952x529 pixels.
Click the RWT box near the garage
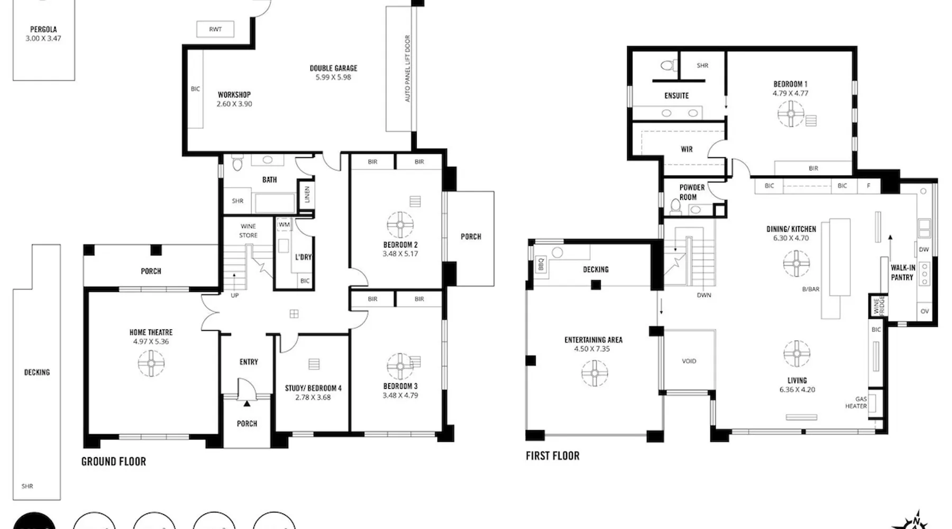tap(215, 29)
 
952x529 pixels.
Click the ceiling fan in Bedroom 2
tap(400, 225)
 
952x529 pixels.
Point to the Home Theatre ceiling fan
tap(151, 363)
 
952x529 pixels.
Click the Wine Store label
tap(248, 231)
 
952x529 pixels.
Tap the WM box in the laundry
tap(284, 224)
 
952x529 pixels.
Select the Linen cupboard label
tap(306, 195)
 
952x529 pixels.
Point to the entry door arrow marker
tap(246, 404)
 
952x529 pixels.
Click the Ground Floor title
tap(114, 461)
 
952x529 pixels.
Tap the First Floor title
tap(553, 455)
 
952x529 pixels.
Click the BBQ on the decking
tap(541, 264)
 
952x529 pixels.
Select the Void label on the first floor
tap(689, 361)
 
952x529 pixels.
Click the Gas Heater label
tap(856, 403)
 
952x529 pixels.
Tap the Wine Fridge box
tap(878, 305)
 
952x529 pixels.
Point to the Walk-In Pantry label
tap(903, 272)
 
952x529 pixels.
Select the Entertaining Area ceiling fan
tap(594, 373)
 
